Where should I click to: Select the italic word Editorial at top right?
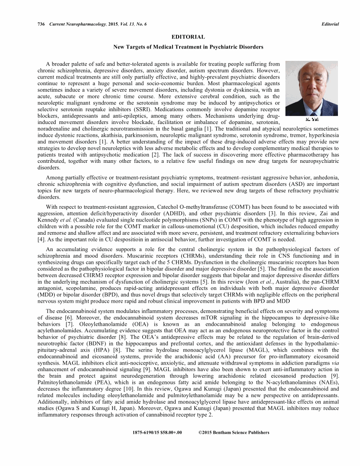point(330,24)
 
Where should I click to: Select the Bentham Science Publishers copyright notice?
point(233,432)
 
